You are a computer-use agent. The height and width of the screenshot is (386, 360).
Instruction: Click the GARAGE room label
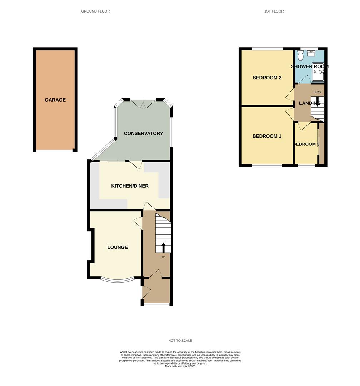[x=55, y=100]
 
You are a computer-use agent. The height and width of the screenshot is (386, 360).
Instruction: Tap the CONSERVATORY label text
[x=143, y=133]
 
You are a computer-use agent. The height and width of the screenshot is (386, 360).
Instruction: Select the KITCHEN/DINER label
[x=130, y=186]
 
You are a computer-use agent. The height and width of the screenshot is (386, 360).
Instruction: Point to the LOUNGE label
[x=117, y=247]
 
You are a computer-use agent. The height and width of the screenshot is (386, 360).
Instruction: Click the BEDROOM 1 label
[x=267, y=136]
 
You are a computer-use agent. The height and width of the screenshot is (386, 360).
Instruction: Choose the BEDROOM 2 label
[x=267, y=78]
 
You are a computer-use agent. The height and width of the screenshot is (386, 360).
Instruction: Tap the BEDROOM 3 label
[x=306, y=144]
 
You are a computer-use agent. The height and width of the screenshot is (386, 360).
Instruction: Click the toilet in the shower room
[x=300, y=55]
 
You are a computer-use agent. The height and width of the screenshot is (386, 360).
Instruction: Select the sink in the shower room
[x=311, y=53]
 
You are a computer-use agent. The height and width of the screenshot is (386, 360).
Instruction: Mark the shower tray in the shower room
[x=318, y=73]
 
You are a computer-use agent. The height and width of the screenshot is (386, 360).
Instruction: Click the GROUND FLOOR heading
[x=95, y=11]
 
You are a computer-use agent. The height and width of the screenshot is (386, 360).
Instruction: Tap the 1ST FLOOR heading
[x=274, y=11]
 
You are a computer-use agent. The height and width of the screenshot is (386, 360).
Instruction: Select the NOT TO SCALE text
[x=180, y=341]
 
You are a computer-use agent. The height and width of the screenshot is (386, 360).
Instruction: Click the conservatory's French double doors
[x=143, y=103]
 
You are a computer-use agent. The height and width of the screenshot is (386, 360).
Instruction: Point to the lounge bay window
[x=117, y=280]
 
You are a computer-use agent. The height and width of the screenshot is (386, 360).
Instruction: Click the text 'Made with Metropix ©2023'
[x=180, y=366]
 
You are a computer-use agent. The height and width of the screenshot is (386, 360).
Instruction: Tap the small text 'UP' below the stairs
[x=164, y=257]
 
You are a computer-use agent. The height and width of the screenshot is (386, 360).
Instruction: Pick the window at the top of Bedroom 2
[x=267, y=49]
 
